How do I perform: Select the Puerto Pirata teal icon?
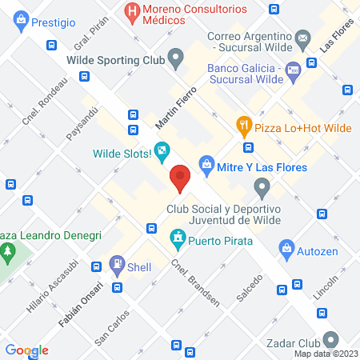coord(177,239)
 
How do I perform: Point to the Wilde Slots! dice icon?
coord(162,150)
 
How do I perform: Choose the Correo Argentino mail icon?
coord(303,37)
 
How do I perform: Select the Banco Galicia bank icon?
coord(293,69)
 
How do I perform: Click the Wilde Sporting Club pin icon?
coord(176,58)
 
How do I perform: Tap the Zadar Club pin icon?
coord(331,338)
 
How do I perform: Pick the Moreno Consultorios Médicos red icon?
coord(130,11)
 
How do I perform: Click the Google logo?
coord(26,350)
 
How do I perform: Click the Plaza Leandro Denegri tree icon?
coord(9,252)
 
